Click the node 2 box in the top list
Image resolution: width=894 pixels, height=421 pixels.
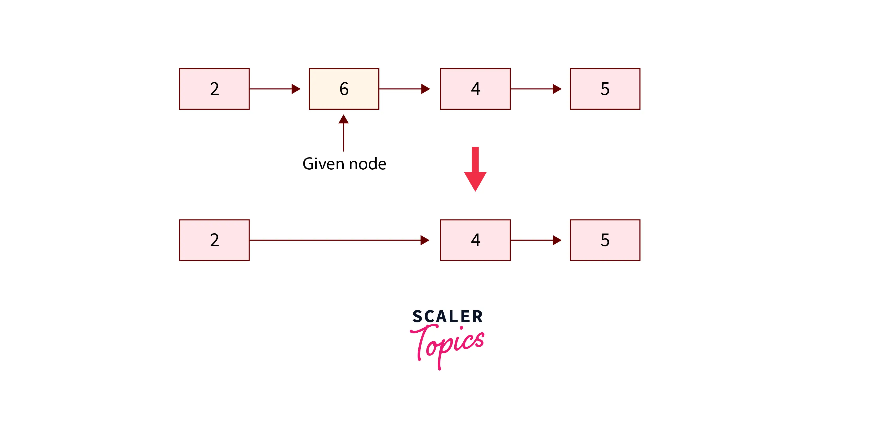click(x=214, y=89)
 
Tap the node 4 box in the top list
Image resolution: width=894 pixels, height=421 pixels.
click(x=475, y=89)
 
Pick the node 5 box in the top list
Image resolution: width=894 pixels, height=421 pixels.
click(x=605, y=89)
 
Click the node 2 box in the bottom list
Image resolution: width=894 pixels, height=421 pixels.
click(x=214, y=240)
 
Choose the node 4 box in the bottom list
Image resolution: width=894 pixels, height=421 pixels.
click(x=475, y=240)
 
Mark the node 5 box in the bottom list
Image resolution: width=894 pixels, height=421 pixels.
click(x=605, y=240)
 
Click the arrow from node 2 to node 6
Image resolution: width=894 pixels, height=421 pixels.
click(x=274, y=89)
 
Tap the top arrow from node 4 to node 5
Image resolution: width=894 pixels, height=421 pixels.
click(x=536, y=89)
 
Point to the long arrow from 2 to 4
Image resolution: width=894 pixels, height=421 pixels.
click(x=337, y=240)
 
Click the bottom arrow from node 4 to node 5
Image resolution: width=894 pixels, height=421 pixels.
click(x=536, y=240)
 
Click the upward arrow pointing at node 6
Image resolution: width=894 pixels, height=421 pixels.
click(x=344, y=134)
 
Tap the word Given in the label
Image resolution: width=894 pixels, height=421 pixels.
click(x=324, y=164)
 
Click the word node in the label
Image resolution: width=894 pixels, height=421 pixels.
click(x=368, y=164)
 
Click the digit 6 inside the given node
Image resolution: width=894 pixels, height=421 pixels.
click(x=344, y=89)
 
